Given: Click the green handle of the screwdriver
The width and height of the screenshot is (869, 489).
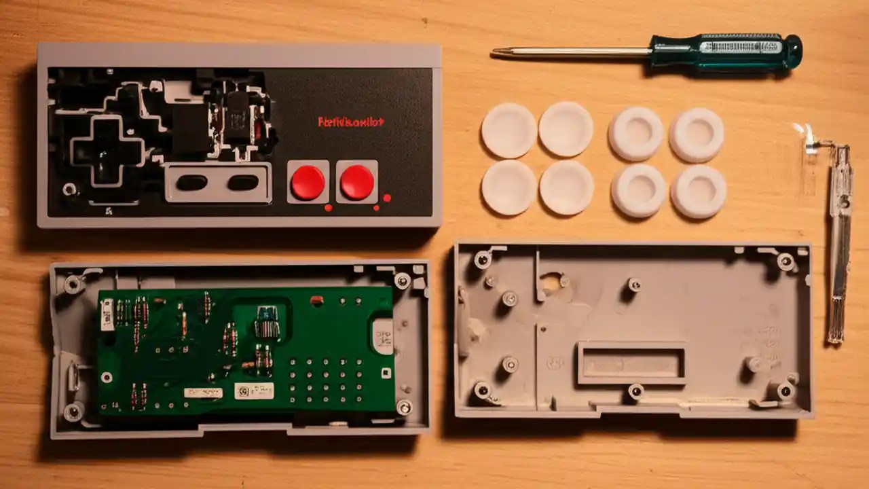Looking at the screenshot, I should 726,52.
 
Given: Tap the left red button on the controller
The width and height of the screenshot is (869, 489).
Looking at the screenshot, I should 308,182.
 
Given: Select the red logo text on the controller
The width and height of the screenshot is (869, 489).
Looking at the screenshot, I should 351,122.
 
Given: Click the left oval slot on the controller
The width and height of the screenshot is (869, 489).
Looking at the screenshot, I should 192,182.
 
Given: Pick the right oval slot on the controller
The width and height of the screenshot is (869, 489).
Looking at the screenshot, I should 242,182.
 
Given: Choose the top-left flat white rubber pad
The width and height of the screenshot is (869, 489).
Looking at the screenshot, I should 509,130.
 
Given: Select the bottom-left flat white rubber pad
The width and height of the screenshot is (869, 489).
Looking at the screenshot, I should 509,187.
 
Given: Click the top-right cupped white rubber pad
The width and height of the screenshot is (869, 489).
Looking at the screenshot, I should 697,134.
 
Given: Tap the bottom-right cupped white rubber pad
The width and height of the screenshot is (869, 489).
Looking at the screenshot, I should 698,192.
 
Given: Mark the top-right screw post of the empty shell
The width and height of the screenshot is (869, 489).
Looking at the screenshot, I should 785,261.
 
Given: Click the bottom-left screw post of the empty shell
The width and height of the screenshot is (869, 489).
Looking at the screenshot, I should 482,390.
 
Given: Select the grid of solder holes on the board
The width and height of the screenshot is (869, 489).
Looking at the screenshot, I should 325,381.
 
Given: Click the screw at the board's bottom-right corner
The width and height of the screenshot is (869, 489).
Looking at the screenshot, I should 404,407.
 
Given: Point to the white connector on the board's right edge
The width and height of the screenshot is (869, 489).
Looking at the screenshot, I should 383,336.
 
